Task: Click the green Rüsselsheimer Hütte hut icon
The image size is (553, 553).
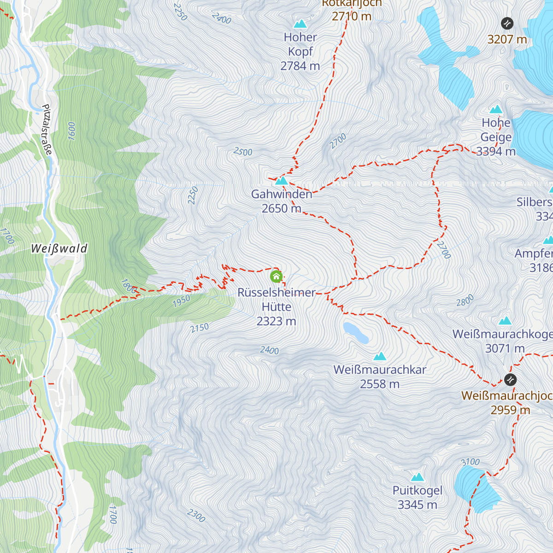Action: pos(276,276)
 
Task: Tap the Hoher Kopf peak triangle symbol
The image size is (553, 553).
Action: pos(300,24)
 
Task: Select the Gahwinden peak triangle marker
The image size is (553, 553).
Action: pos(281,181)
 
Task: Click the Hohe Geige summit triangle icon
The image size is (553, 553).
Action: pos(496,109)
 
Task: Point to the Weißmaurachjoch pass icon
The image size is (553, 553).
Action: pos(510,380)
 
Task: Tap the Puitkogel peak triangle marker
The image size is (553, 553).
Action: pos(418,477)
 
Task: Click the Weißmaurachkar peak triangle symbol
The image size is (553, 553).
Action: pos(380,356)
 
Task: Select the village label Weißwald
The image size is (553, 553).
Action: pos(59,249)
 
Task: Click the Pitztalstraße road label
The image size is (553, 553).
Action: pos(47,129)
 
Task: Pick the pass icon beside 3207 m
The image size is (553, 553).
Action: pos(507,23)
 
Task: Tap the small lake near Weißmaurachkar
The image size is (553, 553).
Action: pos(356,332)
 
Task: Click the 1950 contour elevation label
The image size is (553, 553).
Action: pos(181,301)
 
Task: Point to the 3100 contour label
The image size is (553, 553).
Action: pos(470,462)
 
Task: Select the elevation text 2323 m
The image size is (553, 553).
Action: pos(276,321)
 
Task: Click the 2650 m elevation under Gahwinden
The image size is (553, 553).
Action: pos(281,209)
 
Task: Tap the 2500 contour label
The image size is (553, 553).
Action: pos(243,152)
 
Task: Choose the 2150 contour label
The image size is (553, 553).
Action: pos(200,328)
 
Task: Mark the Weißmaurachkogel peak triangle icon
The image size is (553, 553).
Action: pos(505,320)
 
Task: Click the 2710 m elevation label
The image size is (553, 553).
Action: pos(352,16)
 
